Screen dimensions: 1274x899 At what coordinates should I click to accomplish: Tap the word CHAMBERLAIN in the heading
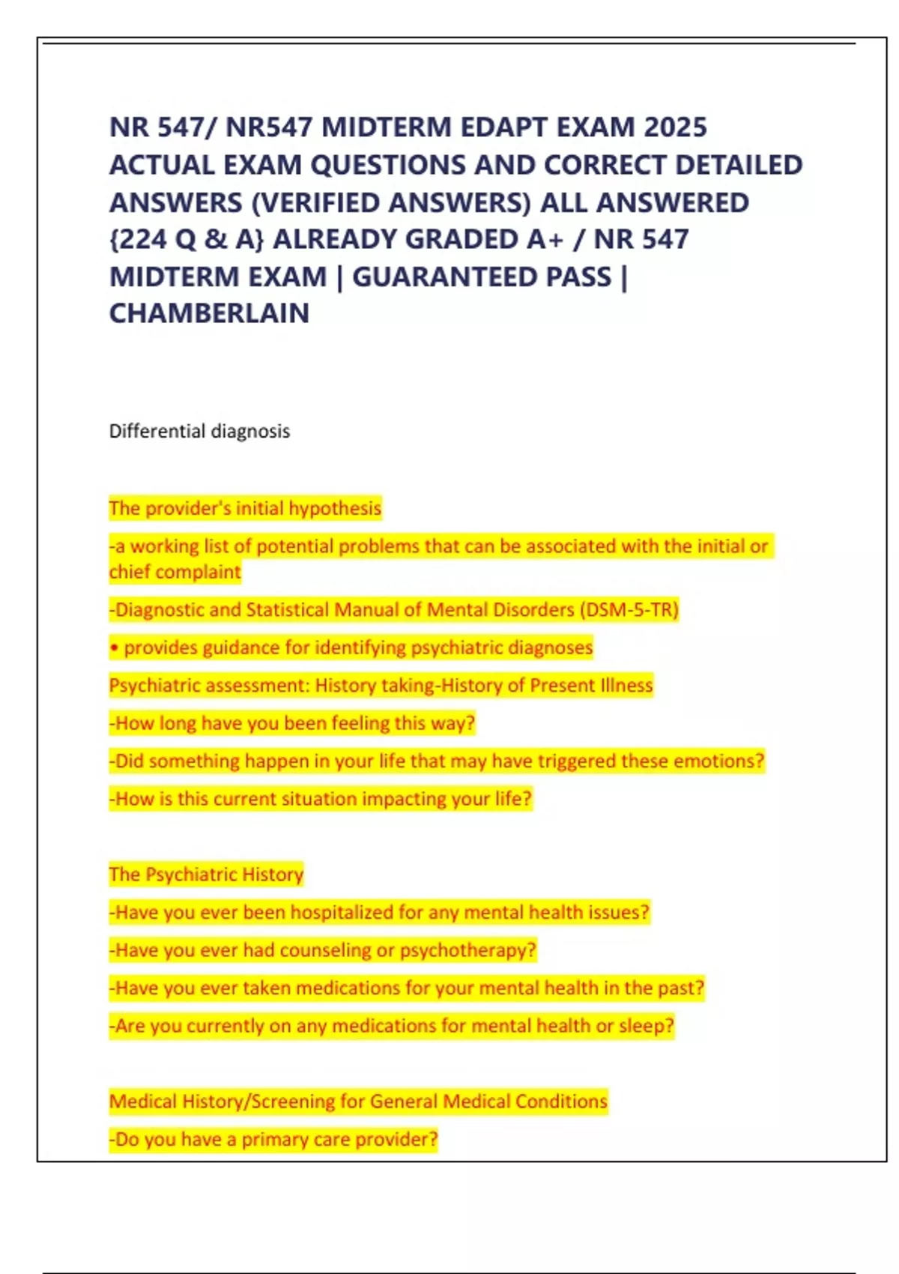tap(209, 313)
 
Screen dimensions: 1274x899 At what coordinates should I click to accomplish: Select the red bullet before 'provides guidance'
tap(114, 648)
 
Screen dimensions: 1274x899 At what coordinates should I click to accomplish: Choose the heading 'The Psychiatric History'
tap(206, 875)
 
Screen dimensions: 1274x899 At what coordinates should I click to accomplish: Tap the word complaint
tap(175, 573)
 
